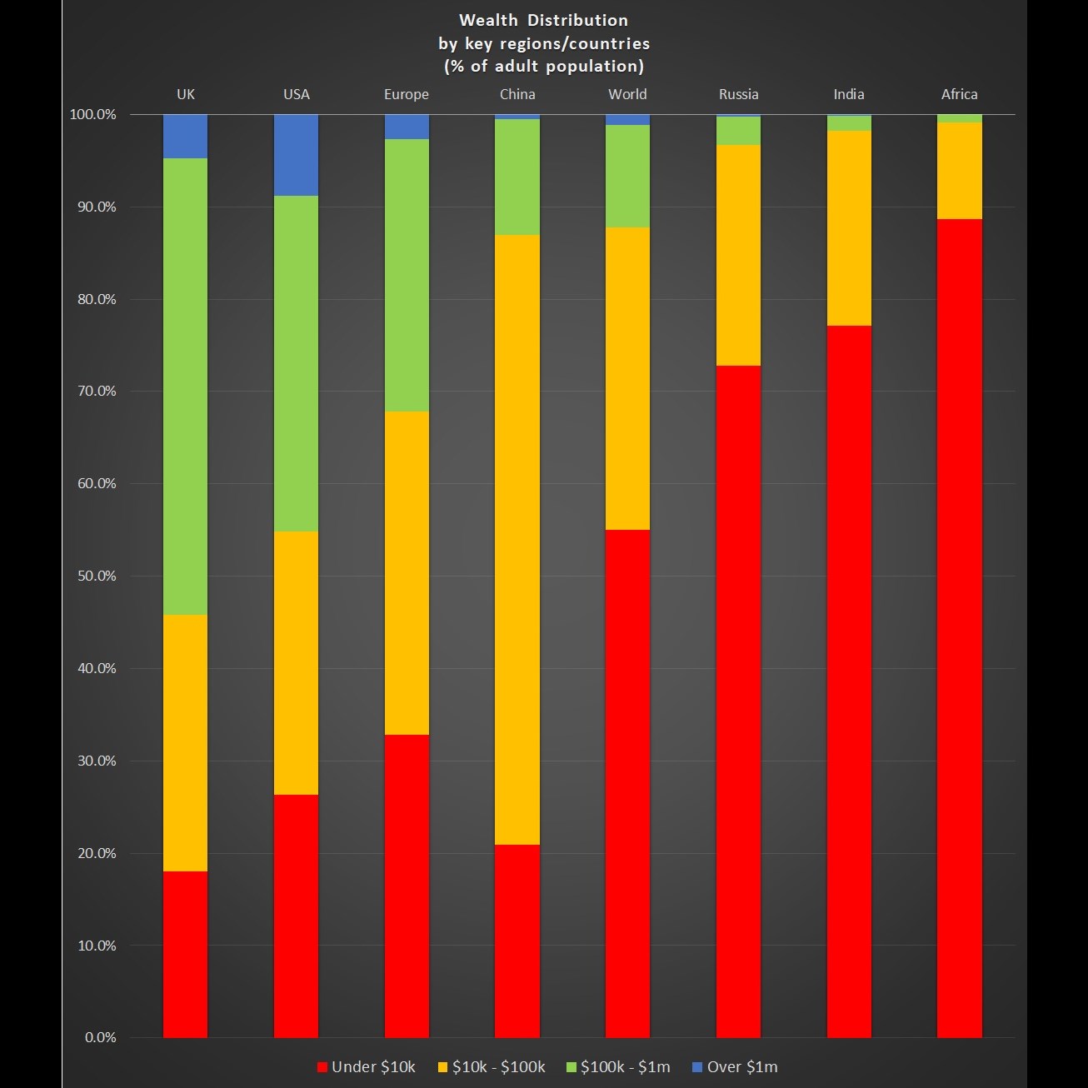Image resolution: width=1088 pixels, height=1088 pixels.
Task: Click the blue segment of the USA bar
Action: click(x=296, y=155)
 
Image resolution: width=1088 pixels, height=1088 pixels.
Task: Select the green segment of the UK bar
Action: click(x=185, y=387)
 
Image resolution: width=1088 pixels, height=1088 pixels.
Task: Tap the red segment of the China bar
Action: click(x=517, y=941)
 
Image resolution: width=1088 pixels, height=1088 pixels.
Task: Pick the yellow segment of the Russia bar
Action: click(x=738, y=255)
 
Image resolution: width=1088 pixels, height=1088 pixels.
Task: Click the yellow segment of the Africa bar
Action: click(x=959, y=171)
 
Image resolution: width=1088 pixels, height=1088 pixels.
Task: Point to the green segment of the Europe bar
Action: click(x=407, y=275)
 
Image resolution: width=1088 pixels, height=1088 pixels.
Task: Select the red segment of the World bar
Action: click(x=627, y=783)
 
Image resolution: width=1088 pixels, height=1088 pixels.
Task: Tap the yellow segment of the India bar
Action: click(x=849, y=227)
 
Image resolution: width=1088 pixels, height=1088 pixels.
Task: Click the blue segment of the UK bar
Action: click(x=185, y=136)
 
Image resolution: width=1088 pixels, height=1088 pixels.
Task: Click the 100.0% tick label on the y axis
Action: click(x=92, y=114)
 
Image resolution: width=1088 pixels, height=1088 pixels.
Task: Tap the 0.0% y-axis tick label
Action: click(x=100, y=1037)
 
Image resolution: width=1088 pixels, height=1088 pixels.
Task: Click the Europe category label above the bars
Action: click(x=407, y=94)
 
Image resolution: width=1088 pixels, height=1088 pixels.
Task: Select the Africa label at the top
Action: click(x=959, y=94)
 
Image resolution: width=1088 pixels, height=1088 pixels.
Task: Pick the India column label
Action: click(x=849, y=94)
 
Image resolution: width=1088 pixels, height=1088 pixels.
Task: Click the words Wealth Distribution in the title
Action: click(x=543, y=20)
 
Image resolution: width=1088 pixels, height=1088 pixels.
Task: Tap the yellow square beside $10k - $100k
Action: click(x=442, y=1067)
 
